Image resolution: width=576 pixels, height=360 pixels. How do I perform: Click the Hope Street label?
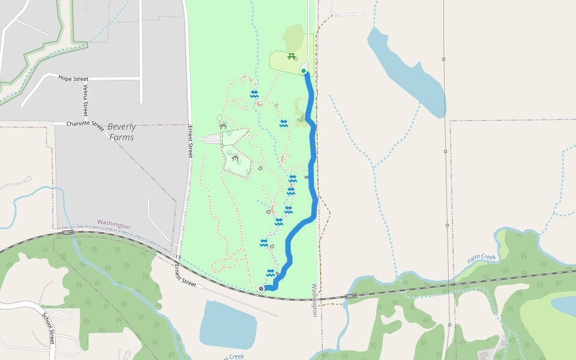[74, 79]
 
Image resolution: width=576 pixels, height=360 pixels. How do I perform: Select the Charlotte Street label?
[85, 124]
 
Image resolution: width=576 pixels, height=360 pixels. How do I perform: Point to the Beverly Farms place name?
[121, 132]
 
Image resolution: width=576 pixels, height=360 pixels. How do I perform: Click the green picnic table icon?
[292, 56]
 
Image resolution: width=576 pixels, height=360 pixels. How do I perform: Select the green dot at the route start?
[304, 71]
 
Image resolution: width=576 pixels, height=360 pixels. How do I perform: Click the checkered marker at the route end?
[261, 289]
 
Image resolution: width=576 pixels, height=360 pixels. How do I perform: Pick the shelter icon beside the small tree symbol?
[223, 126]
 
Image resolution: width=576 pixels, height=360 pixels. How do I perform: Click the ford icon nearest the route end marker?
[271, 272]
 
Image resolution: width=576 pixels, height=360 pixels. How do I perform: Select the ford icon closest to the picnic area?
[254, 94]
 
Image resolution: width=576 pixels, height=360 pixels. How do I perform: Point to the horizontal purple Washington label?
[113, 224]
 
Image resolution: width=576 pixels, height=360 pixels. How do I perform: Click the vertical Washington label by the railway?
[314, 300]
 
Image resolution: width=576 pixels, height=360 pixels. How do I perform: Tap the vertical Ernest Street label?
[190, 142]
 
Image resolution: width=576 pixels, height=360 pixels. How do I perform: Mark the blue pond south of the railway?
[228, 324]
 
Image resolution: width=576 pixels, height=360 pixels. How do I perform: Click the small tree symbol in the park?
[220, 118]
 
